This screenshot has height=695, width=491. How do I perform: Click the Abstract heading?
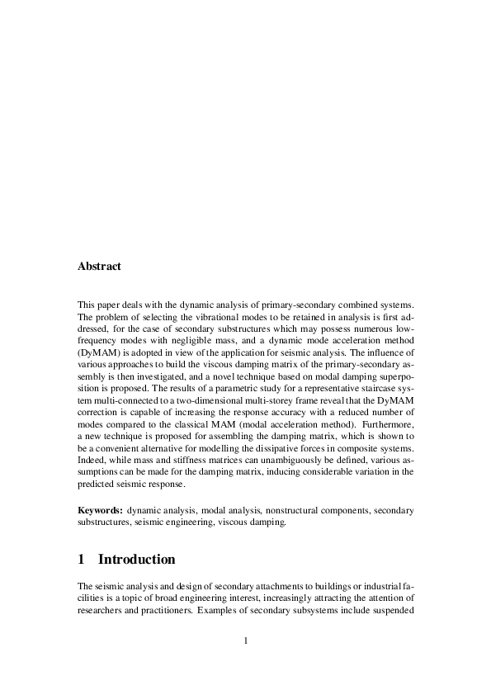pyautogui.click(x=99, y=267)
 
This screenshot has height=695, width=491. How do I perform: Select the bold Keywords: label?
pyautogui.click(x=100, y=511)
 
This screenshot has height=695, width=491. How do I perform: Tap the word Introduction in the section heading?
pyautogui.click(x=136, y=560)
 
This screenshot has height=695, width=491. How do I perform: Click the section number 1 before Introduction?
pyautogui.click(x=82, y=560)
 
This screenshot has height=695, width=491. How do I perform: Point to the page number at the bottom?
pyautogui.click(x=246, y=641)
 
